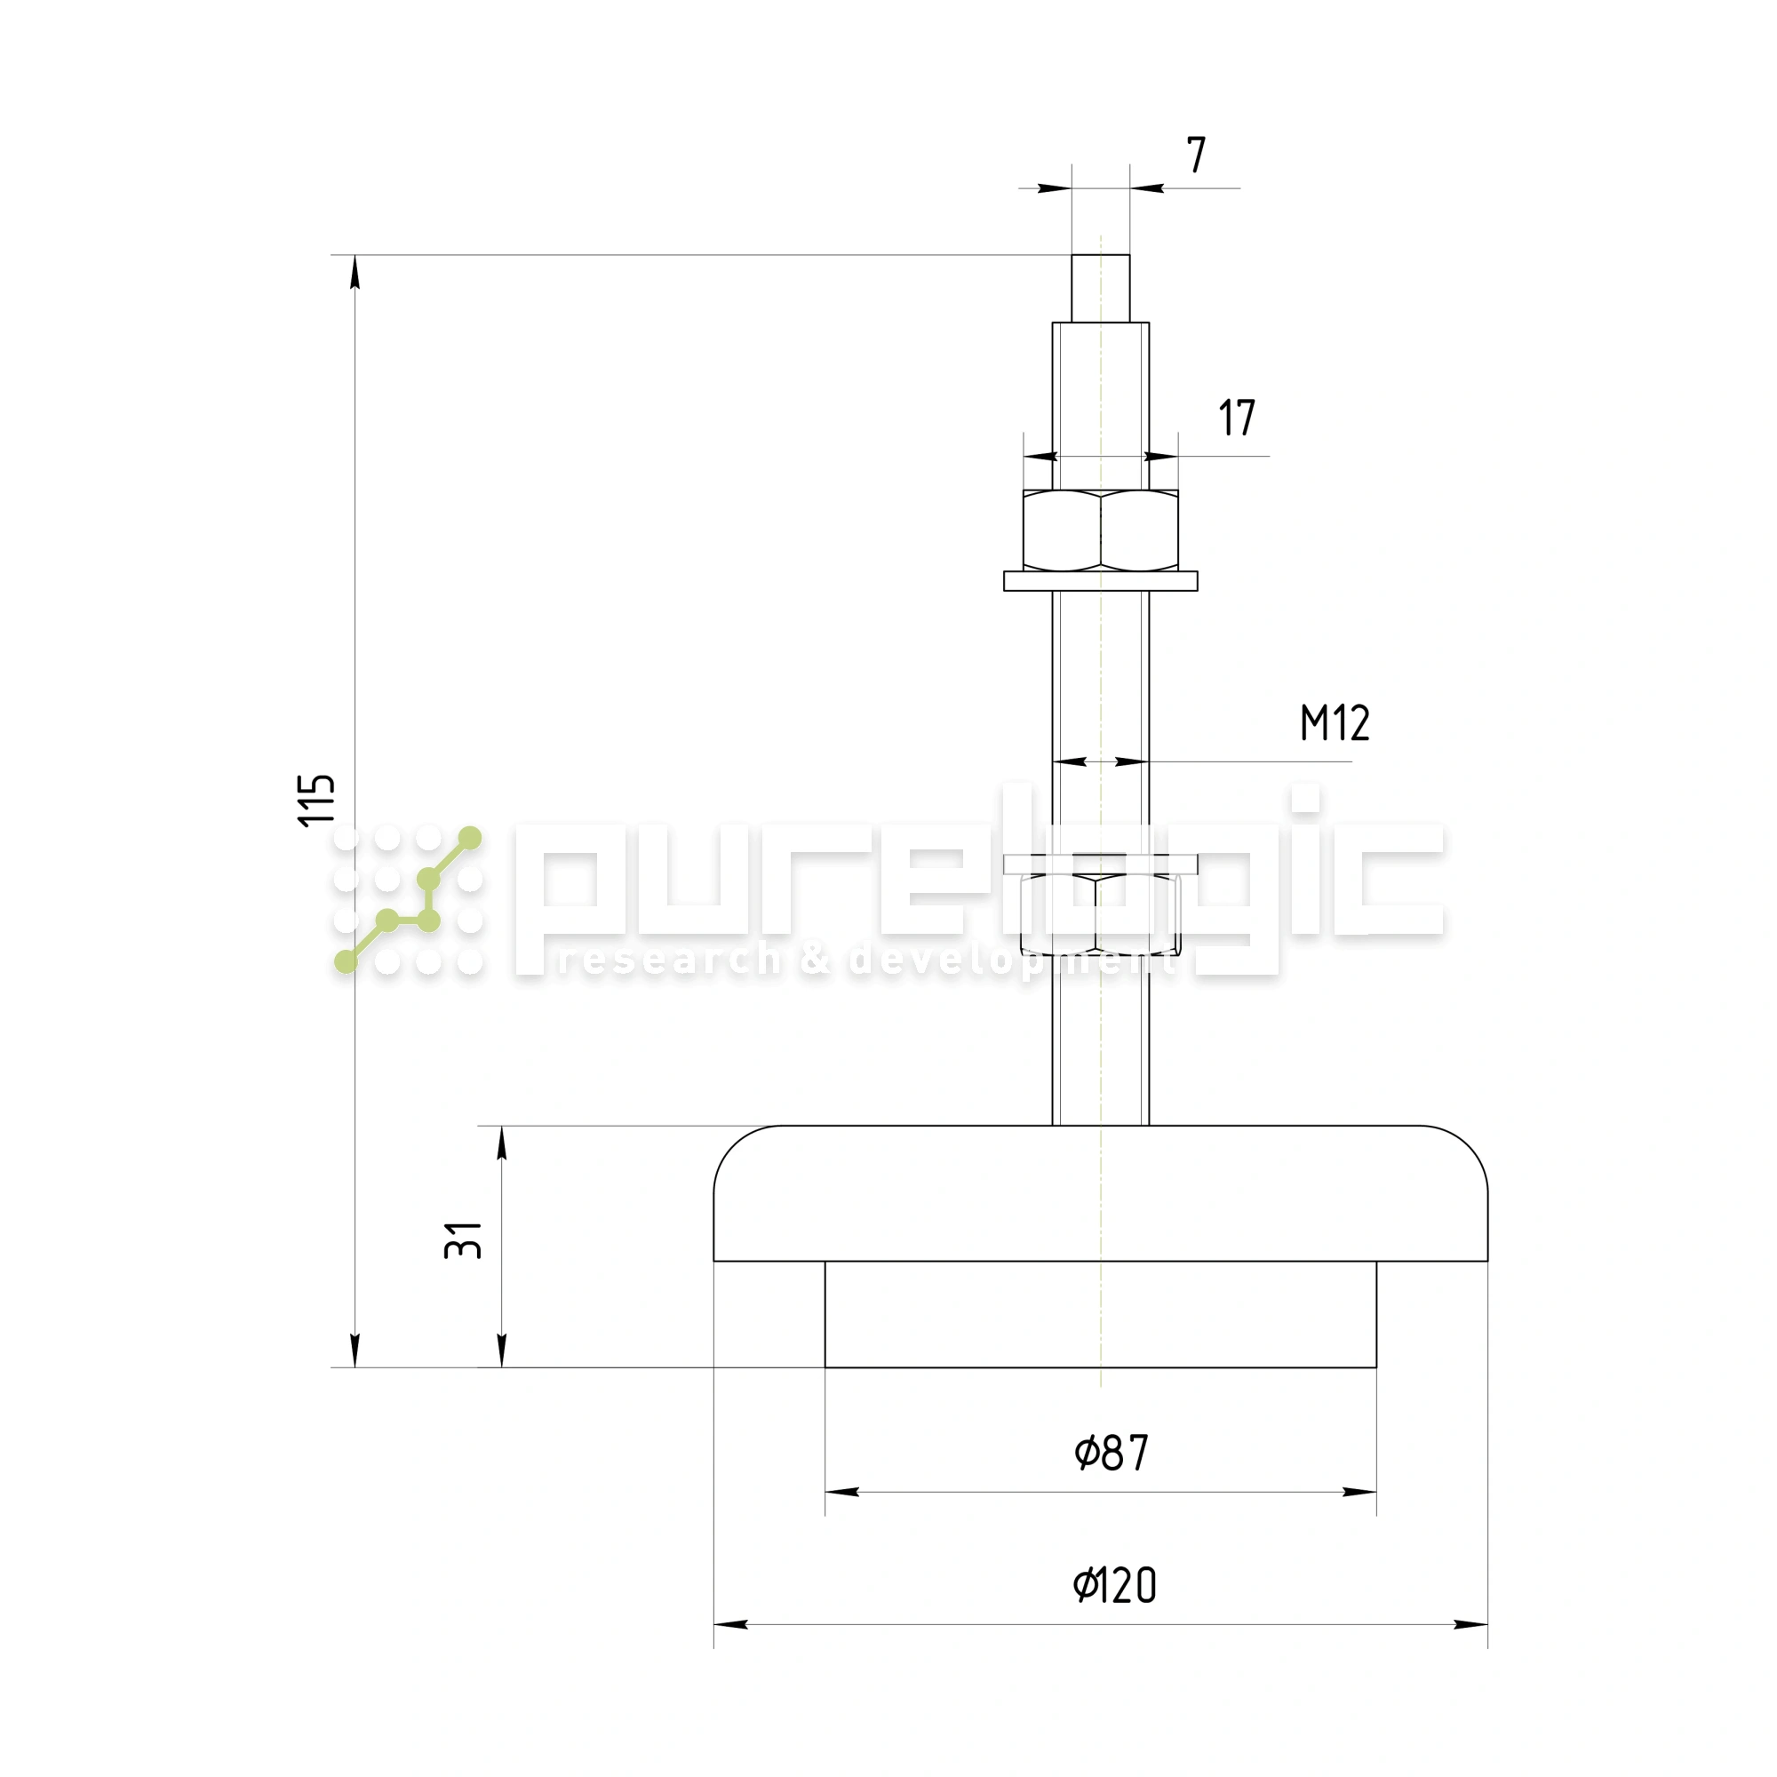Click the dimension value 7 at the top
(x=1196, y=155)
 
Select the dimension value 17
(x=1237, y=418)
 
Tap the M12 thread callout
(x=1335, y=723)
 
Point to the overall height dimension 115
(x=316, y=801)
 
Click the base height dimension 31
(x=464, y=1239)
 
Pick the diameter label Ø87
(x=1112, y=1454)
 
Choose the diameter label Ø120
(x=1115, y=1586)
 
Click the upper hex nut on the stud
(x=1100, y=530)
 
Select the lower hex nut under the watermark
(x=1100, y=915)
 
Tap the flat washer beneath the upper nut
(x=1100, y=581)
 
